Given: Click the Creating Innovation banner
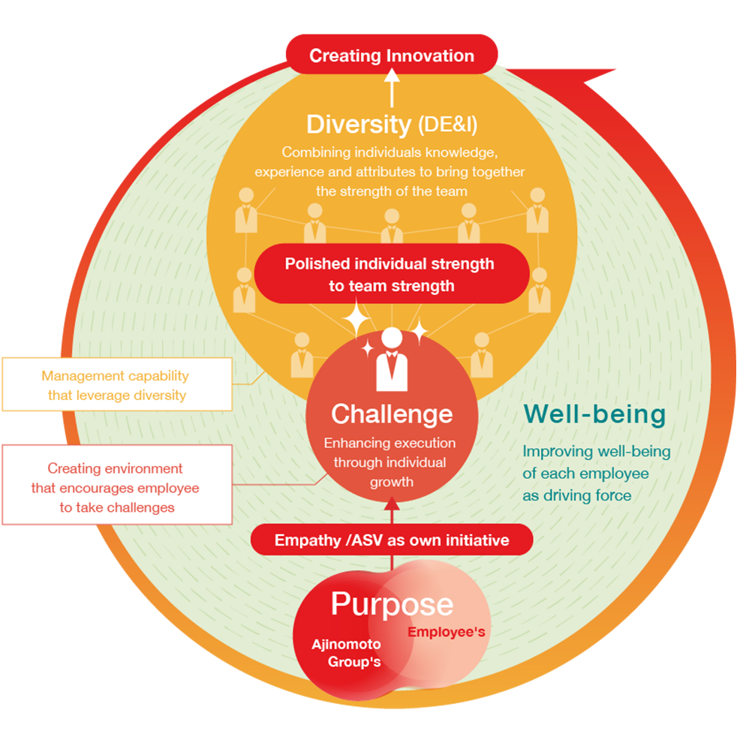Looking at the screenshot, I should coord(391,56).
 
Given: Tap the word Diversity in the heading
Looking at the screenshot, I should coord(358,124).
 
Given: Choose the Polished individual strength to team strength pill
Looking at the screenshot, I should coord(391,274).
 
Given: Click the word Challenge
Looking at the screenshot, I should coord(392,414).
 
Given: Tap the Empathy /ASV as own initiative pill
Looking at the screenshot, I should coord(391,540).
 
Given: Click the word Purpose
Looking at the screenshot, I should coord(392,604).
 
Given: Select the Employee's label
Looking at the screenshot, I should coord(446,633).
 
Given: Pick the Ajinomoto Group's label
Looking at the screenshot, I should coord(347,653).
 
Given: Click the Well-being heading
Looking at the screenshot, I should coord(594,414).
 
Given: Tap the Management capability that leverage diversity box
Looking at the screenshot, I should coord(116,385).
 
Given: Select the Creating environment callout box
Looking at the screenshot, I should coord(116,488).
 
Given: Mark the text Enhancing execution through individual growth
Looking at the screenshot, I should coord(391,462).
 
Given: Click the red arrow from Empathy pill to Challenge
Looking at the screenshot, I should coord(391,510).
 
